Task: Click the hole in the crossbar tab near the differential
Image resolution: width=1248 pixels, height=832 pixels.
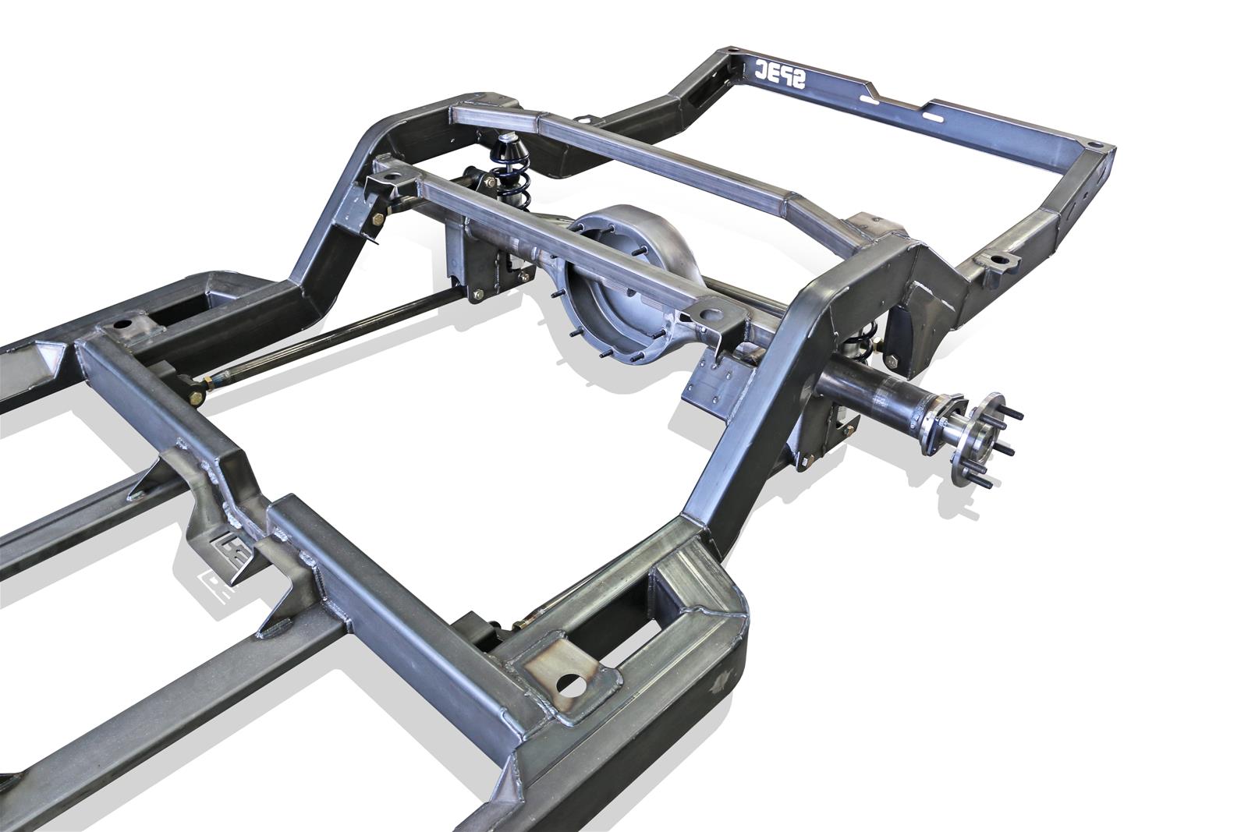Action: point(711,316)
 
